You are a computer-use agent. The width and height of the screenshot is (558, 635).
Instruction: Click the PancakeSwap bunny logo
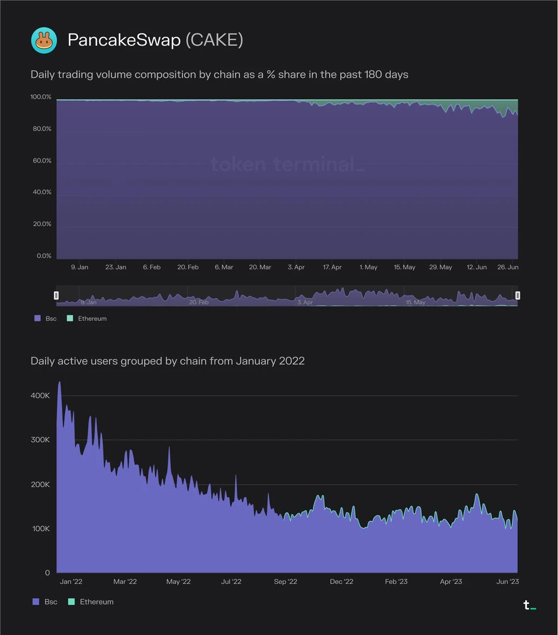(44, 40)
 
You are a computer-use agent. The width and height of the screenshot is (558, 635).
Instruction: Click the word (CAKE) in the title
(214, 40)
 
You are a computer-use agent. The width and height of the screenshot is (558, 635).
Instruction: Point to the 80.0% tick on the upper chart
(42, 129)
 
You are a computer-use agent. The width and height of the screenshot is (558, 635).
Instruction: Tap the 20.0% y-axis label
(42, 224)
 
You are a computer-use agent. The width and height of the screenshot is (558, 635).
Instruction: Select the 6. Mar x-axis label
(224, 267)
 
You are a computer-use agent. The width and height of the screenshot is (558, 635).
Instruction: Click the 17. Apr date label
(332, 267)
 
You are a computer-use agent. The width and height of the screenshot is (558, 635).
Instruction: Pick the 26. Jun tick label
(508, 267)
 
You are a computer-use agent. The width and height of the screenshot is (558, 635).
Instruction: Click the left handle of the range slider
(56, 295)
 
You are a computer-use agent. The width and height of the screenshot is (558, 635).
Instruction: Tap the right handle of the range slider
(518, 295)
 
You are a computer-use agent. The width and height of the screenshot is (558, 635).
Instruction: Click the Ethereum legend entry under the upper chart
(92, 319)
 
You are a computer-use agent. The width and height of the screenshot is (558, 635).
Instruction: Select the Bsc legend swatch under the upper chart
(38, 319)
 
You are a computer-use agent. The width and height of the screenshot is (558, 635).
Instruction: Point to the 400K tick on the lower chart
(40, 396)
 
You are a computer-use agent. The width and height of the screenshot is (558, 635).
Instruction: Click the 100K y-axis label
(41, 529)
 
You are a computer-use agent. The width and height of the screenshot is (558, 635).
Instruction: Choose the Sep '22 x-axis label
(286, 582)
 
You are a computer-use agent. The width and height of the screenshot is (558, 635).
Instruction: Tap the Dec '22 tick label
(341, 582)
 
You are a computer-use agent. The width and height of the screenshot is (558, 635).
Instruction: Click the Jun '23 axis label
(507, 582)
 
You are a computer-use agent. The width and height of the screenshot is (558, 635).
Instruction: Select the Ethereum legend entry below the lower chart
(96, 602)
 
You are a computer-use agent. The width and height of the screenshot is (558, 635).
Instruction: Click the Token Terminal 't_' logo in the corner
(529, 605)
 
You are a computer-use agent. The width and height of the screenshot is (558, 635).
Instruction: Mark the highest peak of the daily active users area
(60, 383)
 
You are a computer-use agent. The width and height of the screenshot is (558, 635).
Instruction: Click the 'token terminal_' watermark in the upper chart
(287, 164)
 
